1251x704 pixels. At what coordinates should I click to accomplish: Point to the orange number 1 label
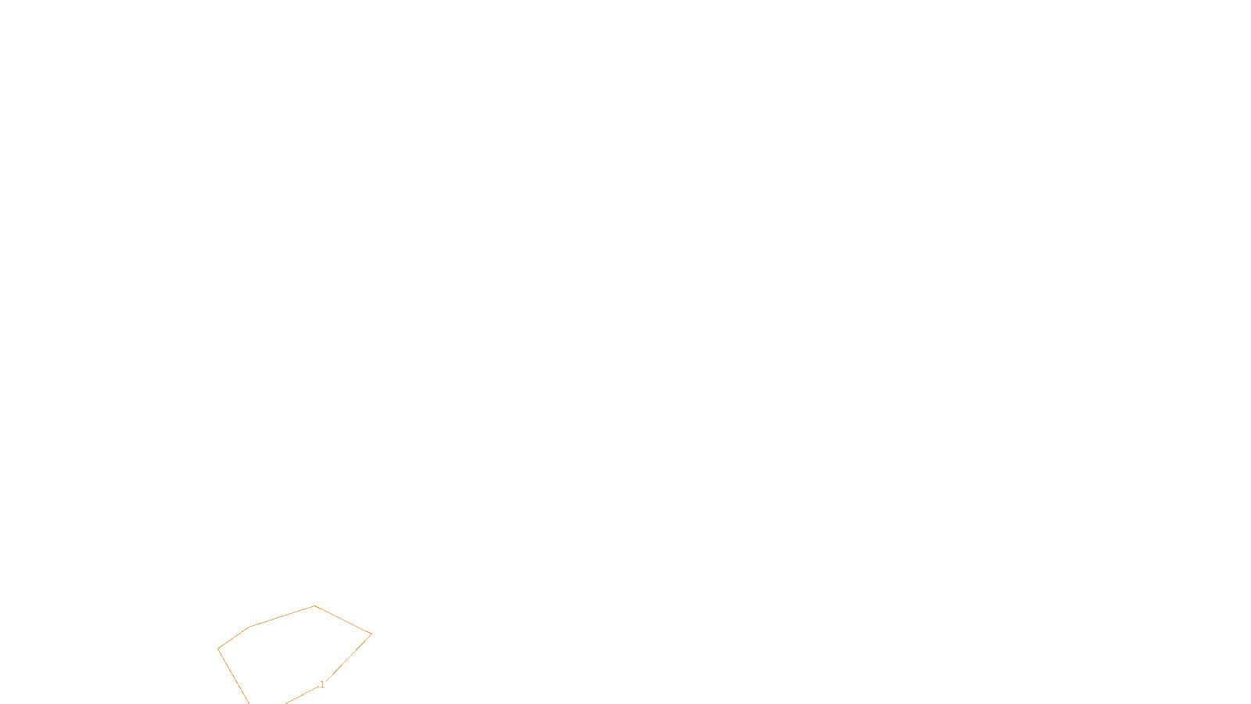tap(322, 684)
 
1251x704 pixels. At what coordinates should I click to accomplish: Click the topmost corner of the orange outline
tap(315, 605)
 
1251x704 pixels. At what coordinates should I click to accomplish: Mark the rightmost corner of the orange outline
tap(371, 634)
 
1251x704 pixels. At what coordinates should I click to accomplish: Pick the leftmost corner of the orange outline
tap(218, 649)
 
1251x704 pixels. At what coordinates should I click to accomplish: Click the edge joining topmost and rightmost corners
tap(343, 620)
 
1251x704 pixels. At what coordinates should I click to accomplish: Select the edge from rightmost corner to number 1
tap(349, 658)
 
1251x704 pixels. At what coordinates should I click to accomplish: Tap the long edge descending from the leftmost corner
tap(233, 676)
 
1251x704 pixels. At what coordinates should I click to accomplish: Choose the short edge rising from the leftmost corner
tap(234, 638)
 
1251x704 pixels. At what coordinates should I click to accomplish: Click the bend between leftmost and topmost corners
tap(250, 626)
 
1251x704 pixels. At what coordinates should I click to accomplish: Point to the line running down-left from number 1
tap(302, 695)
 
